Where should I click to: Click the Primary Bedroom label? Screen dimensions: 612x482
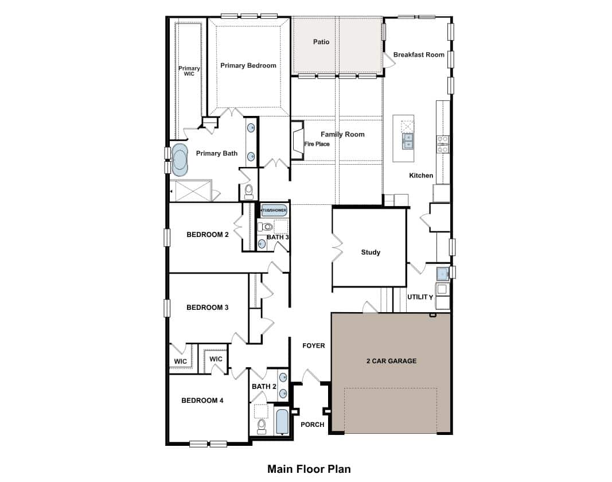pos(248,65)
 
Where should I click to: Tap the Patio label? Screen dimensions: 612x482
pos(321,42)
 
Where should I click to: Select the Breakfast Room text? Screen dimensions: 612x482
pos(419,55)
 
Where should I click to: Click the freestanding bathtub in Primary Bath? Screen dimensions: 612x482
pos(180,160)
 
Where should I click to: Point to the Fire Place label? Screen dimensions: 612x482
pos(317,144)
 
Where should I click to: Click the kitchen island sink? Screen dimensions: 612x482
pos(407,141)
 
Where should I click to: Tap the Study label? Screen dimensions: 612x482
pos(371,252)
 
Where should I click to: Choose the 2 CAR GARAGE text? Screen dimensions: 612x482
pos(392,361)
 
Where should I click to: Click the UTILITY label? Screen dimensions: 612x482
pos(420,297)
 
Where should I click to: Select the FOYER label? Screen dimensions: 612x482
pos(314,345)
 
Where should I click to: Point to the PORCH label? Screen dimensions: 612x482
pos(312,425)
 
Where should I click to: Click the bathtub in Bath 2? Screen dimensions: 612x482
pos(282,421)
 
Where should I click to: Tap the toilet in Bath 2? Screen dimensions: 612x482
pos(262,426)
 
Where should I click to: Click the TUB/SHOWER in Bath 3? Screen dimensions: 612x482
pos(274,210)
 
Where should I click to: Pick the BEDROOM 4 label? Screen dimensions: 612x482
pos(202,401)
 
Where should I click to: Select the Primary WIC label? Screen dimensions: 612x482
pos(189,71)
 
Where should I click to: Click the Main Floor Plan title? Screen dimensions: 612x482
pos(309,469)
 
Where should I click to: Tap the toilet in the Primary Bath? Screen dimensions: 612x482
pos(248,192)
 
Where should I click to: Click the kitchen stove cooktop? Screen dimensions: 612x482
pos(443,144)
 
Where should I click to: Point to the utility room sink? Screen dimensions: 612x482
pos(442,273)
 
